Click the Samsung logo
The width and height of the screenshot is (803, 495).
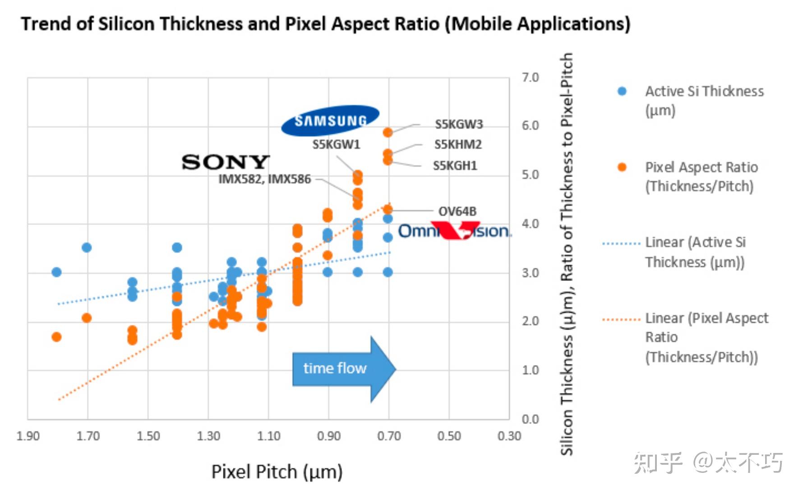(x=330, y=121)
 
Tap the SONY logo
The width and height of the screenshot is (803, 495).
(x=226, y=162)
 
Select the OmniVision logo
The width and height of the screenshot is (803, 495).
(x=454, y=230)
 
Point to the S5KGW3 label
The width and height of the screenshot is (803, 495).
(x=459, y=124)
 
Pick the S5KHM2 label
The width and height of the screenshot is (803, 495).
(x=458, y=145)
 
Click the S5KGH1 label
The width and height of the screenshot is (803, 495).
(x=455, y=166)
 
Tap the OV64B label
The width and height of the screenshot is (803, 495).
(x=457, y=211)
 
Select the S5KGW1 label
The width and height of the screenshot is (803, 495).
(x=336, y=145)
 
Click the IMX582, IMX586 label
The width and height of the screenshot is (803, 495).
(x=265, y=179)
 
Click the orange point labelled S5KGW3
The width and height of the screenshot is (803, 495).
(x=388, y=132)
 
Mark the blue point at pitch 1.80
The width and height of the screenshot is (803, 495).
(x=56, y=272)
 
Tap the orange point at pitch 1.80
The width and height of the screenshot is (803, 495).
(x=56, y=337)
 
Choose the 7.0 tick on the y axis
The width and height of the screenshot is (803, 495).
(x=530, y=78)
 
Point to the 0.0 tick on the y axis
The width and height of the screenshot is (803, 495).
(x=530, y=419)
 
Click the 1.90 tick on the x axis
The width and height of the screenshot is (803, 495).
(x=28, y=436)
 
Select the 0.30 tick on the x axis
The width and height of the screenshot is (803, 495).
(x=509, y=436)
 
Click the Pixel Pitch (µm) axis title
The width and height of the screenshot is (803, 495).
(x=277, y=472)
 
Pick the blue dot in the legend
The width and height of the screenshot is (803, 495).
(x=622, y=91)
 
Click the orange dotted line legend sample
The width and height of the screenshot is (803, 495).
(x=621, y=319)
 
